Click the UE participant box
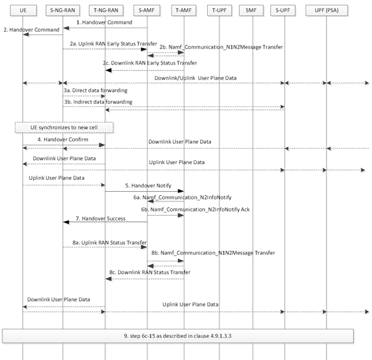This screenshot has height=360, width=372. tap(23, 10)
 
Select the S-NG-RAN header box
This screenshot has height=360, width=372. tap(63, 10)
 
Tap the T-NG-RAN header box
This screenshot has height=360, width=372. tap(106, 10)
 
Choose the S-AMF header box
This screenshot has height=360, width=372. tap(146, 10)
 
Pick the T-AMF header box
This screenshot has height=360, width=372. tap(184, 10)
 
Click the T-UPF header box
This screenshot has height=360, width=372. tap(220, 10)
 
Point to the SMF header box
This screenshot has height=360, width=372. tap(251, 10)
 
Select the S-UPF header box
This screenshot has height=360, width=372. tap(283, 10)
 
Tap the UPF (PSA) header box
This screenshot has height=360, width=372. tap(326, 10)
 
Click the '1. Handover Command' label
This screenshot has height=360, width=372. tap(105, 22)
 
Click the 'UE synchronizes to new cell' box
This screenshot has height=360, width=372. tap(64, 128)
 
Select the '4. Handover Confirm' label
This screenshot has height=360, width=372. tap(63, 139)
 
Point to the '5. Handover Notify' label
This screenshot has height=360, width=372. tap(148, 186)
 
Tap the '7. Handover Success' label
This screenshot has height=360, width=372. tap(101, 218)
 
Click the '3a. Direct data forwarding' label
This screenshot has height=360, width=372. tap(95, 90)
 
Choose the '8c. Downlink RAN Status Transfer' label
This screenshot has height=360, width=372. tap(149, 272)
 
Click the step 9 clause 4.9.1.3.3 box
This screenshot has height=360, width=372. tap(178, 336)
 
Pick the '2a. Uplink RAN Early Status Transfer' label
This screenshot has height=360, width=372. tap(113, 44)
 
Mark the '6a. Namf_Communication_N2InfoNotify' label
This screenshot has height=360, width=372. tap(183, 197)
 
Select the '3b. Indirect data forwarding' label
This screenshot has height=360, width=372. tap(98, 102)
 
